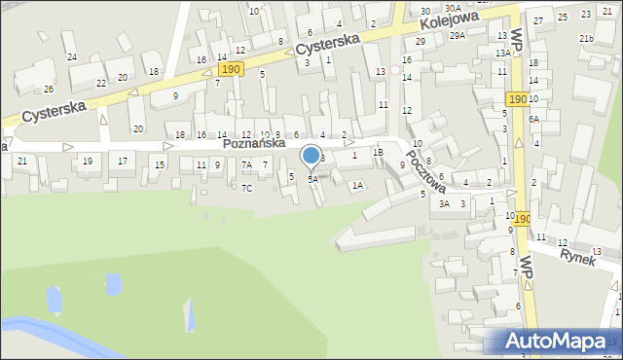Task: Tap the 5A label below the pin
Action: coord(312,179)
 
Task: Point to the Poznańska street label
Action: coord(253,143)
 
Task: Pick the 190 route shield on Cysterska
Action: coord(231,69)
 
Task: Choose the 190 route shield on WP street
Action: coord(517,100)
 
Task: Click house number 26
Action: coord(49,90)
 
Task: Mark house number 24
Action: coord(71,57)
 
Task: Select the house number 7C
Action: coord(247,188)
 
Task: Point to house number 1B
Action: coord(379,153)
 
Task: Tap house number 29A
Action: coord(457,36)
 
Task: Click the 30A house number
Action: coord(454,8)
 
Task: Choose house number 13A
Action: coord(502,53)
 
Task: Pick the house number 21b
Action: coord(586,38)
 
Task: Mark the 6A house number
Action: coord(533,119)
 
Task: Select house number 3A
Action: coord(444,204)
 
